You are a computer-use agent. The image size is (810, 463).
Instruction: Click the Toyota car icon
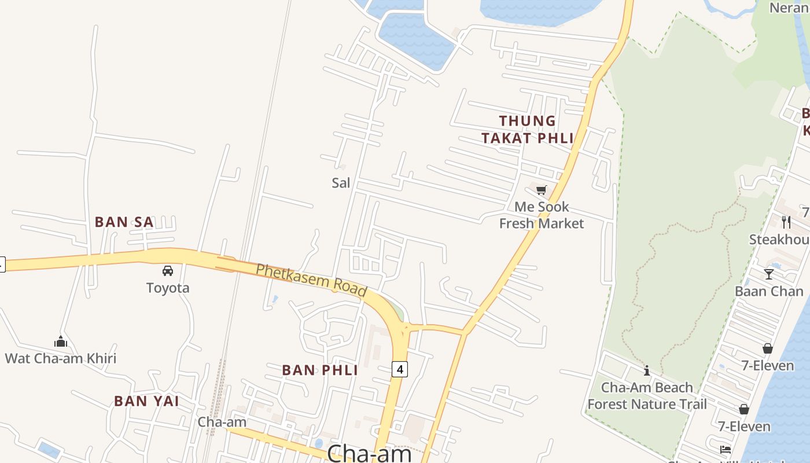(x=168, y=270)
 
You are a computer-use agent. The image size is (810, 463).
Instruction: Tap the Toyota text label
(x=168, y=288)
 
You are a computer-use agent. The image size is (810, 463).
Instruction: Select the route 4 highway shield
(x=399, y=369)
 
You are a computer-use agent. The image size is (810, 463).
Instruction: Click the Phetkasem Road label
(x=311, y=280)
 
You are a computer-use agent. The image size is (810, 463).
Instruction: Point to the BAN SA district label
(x=124, y=222)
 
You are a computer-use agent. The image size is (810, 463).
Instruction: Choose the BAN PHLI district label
(x=320, y=370)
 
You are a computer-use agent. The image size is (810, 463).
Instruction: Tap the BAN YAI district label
(x=146, y=401)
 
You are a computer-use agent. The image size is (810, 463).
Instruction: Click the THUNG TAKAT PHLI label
(x=528, y=130)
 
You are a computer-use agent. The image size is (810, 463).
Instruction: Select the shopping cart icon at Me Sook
(x=542, y=190)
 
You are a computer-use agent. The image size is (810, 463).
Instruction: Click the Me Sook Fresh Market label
(x=542, y=215)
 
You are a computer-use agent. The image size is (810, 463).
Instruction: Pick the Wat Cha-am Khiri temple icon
(x=61, y=341)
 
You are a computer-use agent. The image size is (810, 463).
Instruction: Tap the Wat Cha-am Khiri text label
(x=61, y=358)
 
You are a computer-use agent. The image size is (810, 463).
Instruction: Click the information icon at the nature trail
(x=647, y=370)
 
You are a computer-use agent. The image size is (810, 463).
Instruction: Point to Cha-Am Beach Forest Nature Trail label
(x=647, y=396)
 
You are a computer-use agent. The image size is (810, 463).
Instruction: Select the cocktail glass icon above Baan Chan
(x=769, y=274)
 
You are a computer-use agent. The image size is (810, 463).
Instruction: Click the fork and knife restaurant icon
(x=786, y=222)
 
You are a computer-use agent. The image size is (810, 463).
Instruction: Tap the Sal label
(x=341, y=183)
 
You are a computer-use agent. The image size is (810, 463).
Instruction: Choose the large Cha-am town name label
(x=369, y=453)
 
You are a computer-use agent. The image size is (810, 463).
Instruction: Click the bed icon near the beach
(x=726, y=450)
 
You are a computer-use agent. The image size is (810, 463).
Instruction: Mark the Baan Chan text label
(x=769, y=291)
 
